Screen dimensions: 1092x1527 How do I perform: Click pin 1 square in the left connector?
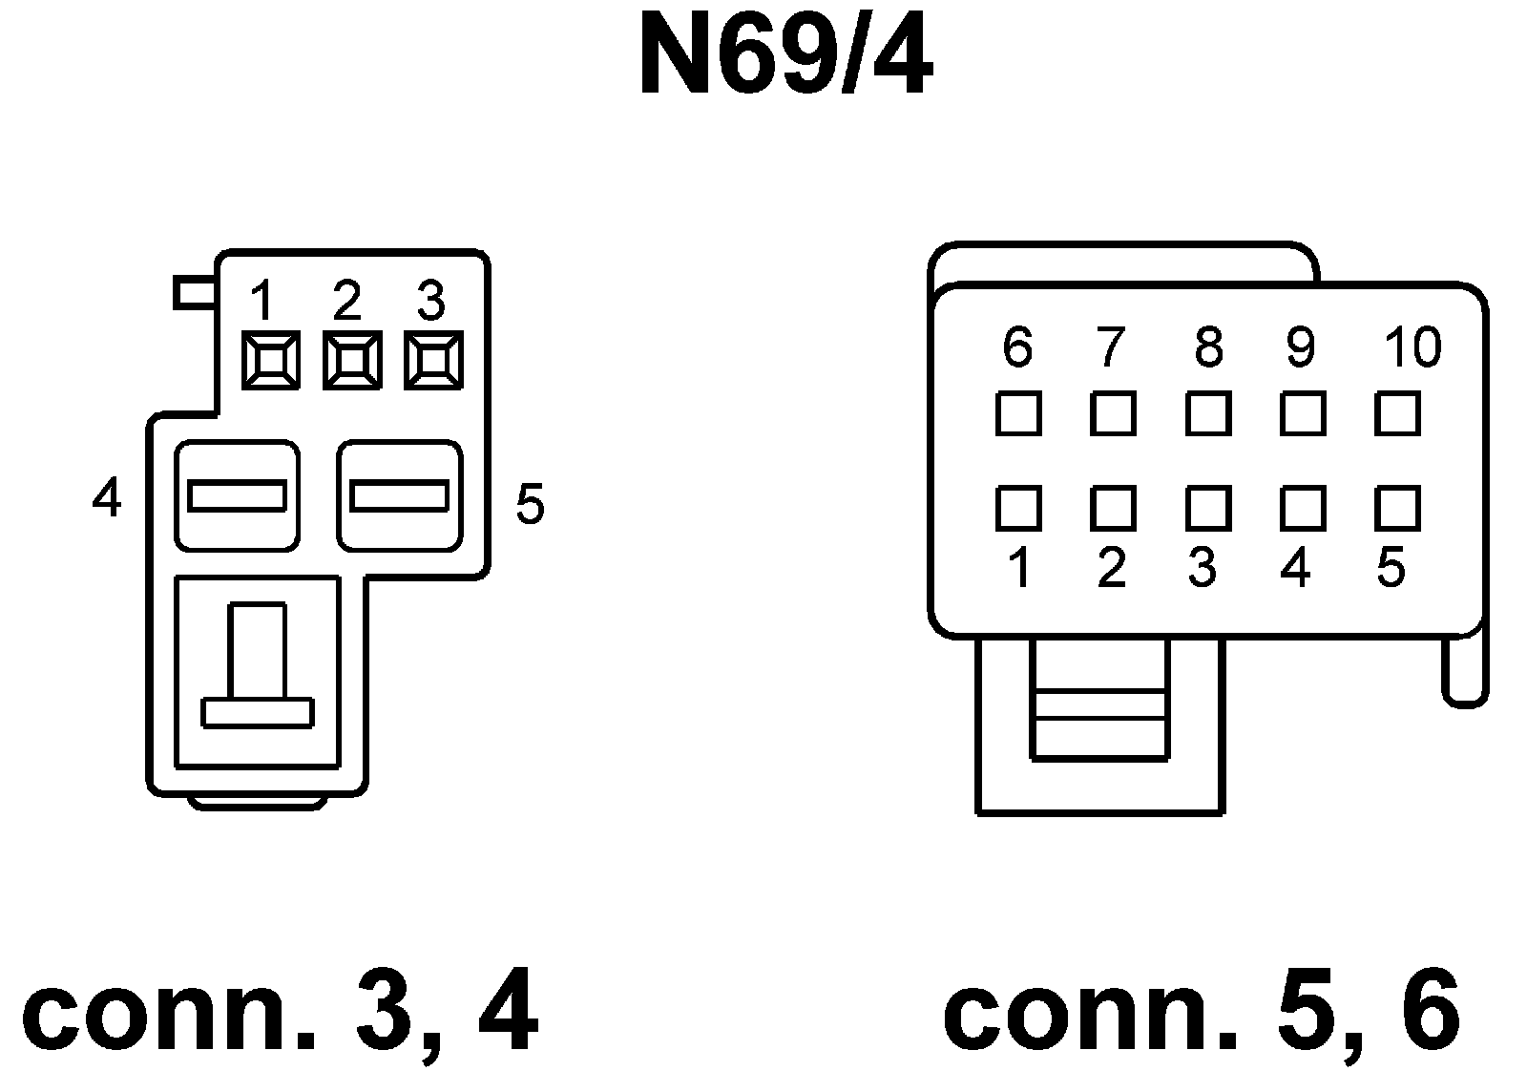[x=270, y=360]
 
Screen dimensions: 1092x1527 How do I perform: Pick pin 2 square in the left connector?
[x=352, y=360]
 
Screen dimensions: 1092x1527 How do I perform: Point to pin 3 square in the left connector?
[x=433, y=360]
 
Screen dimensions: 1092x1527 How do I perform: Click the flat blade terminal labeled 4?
[x=237, y=496]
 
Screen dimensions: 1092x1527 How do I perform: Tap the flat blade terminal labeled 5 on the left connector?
[x=400, y=496]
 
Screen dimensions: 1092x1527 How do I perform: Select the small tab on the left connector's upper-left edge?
[x=195, y=292]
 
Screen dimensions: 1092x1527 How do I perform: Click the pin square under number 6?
[x=1018, y=413]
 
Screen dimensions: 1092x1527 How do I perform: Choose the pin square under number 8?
[x=1208, y=413]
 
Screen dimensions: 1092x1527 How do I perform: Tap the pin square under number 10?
[x=1398, y=413]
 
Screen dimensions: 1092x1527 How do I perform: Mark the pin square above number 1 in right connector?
[x=1018, y=508]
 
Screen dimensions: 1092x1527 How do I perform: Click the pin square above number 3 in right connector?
[x=1208, y=508]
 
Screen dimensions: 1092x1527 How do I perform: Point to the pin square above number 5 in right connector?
[x=1398, y=508]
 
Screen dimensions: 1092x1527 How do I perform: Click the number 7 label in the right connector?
[x=1109, y=346]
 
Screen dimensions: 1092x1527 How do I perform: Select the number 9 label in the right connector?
[x=1300, y=346]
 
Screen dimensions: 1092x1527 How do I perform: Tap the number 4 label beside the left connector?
[x=107, y=497]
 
